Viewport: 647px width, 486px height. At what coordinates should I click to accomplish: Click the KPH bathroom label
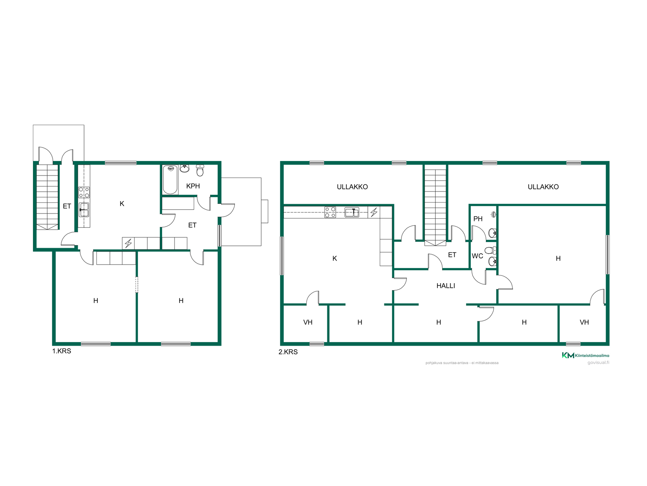193,186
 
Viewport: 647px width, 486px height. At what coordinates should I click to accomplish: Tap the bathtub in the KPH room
170,180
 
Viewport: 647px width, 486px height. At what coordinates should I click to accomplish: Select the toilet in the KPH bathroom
200,171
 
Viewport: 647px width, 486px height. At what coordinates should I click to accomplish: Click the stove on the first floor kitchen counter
84,192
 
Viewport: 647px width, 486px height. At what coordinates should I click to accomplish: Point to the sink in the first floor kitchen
84,210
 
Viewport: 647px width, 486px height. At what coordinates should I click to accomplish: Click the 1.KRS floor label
62,351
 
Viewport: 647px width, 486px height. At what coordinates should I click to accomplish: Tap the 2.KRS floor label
288,352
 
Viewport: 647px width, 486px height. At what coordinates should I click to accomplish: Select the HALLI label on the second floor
446,286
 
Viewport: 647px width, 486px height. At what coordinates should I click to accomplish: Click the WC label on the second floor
477,256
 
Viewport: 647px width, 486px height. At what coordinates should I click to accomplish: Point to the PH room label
478,219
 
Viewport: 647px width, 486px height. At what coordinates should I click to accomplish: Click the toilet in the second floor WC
491,250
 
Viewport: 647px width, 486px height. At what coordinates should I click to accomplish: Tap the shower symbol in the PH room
493,214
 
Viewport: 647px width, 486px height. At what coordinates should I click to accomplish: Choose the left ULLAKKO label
352,187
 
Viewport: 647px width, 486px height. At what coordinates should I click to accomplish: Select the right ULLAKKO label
543,187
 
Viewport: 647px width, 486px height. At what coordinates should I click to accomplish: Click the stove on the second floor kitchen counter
330,212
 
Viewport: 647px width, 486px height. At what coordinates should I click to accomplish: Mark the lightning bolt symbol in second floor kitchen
374,212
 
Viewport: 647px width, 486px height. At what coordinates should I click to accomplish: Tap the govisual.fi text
598,363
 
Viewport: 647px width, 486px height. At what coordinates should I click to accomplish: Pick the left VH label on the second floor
308,322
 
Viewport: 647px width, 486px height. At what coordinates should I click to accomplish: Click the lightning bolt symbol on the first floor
128,243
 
